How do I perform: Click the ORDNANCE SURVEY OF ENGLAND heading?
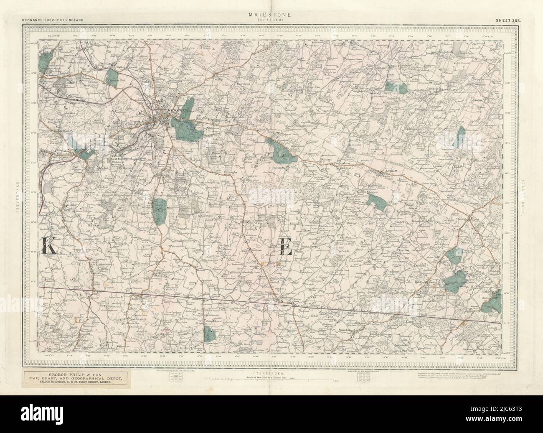[x=53, y=20]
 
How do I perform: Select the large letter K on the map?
[x=49, y=247]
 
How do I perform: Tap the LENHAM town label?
[x=388, y=172]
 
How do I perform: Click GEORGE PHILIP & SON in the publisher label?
[x=73, y=375]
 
